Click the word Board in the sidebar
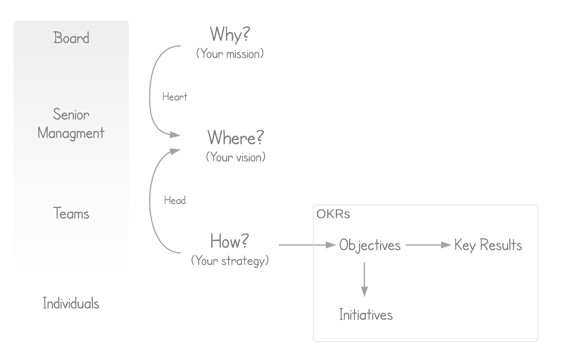pyautogui.click(x=71, y=38)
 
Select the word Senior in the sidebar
pyautogui.click(x=71, y=114)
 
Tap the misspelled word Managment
pyautogui.click(x=71, y=133)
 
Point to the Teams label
pyautogui.click(x=71, y=213)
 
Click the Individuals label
pyautogui.click(x=71, y=303)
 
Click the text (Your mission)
pyautogui.click(x=230, y=54)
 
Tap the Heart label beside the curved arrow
pyautogui.click(x=175, y=97)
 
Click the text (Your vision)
pyautogui.click(x=236, y=157)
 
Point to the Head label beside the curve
pyautogui.click(x=175, y=200)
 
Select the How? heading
pyautogui.click(x=230, y=241)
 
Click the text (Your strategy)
pyautogui.click(x=230, y=261)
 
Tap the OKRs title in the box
pyautogui.click(x=333, y=214)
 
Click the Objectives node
pyautogui.click(x=370, y=245)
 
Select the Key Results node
pyautogui.click(x=488, y=245)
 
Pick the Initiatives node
pyautogui.click(x=366, y=315)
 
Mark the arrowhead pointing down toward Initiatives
pyautogui.click(x=364, y=291)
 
